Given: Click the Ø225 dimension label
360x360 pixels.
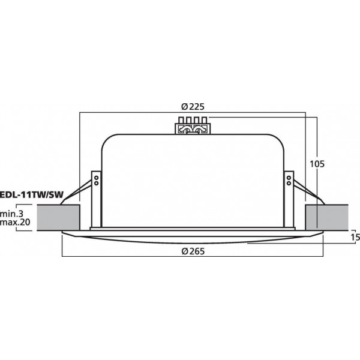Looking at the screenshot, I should pyautogui.click(x=193, y=107).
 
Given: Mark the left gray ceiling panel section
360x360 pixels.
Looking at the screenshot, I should pyautogui.click(x=59, y=217).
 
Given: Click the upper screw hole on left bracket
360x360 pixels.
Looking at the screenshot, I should pyautogui.click(x=95, y=178).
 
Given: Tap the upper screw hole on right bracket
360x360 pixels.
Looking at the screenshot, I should pyautogui.click(x=289, y=178).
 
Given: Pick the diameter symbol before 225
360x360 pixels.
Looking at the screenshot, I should pyautogui.click(x=184, y=107).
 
